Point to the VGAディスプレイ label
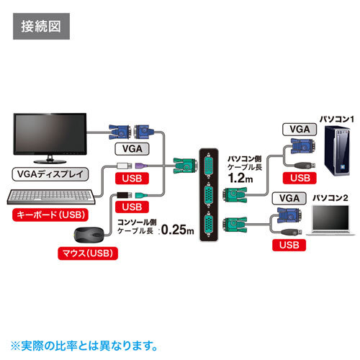tap(50, 174)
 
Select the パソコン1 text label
tap(337, 117)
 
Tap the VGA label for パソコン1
tap(297, 130)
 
